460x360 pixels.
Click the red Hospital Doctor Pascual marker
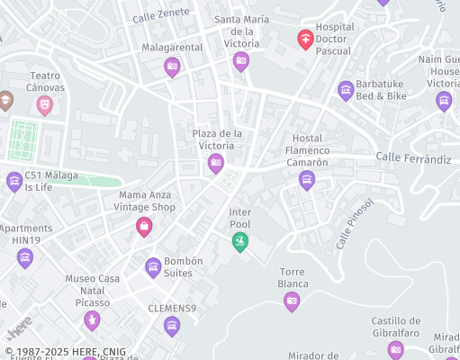pos(305,40)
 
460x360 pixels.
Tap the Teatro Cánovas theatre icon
pos(44,104)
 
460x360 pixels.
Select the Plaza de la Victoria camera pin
pos(215,163)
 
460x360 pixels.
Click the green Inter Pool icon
pos(239,240)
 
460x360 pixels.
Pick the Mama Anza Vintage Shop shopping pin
pos(143,226)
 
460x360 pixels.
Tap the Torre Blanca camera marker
pos(292,301)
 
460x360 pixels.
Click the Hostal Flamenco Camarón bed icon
pos(307,180)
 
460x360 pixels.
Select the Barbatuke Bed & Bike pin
pos(346,89)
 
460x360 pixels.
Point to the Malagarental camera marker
pos(172,66)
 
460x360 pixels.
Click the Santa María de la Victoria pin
pos(240,60)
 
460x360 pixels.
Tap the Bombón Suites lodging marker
pos(153,266)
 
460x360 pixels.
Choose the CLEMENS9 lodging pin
pos(172,326)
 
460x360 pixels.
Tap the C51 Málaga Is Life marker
pos(14,182)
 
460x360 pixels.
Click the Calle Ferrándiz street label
pos(413,158)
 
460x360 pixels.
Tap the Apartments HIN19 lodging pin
pos(25,257)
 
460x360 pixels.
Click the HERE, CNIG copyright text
pos(66,352)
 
